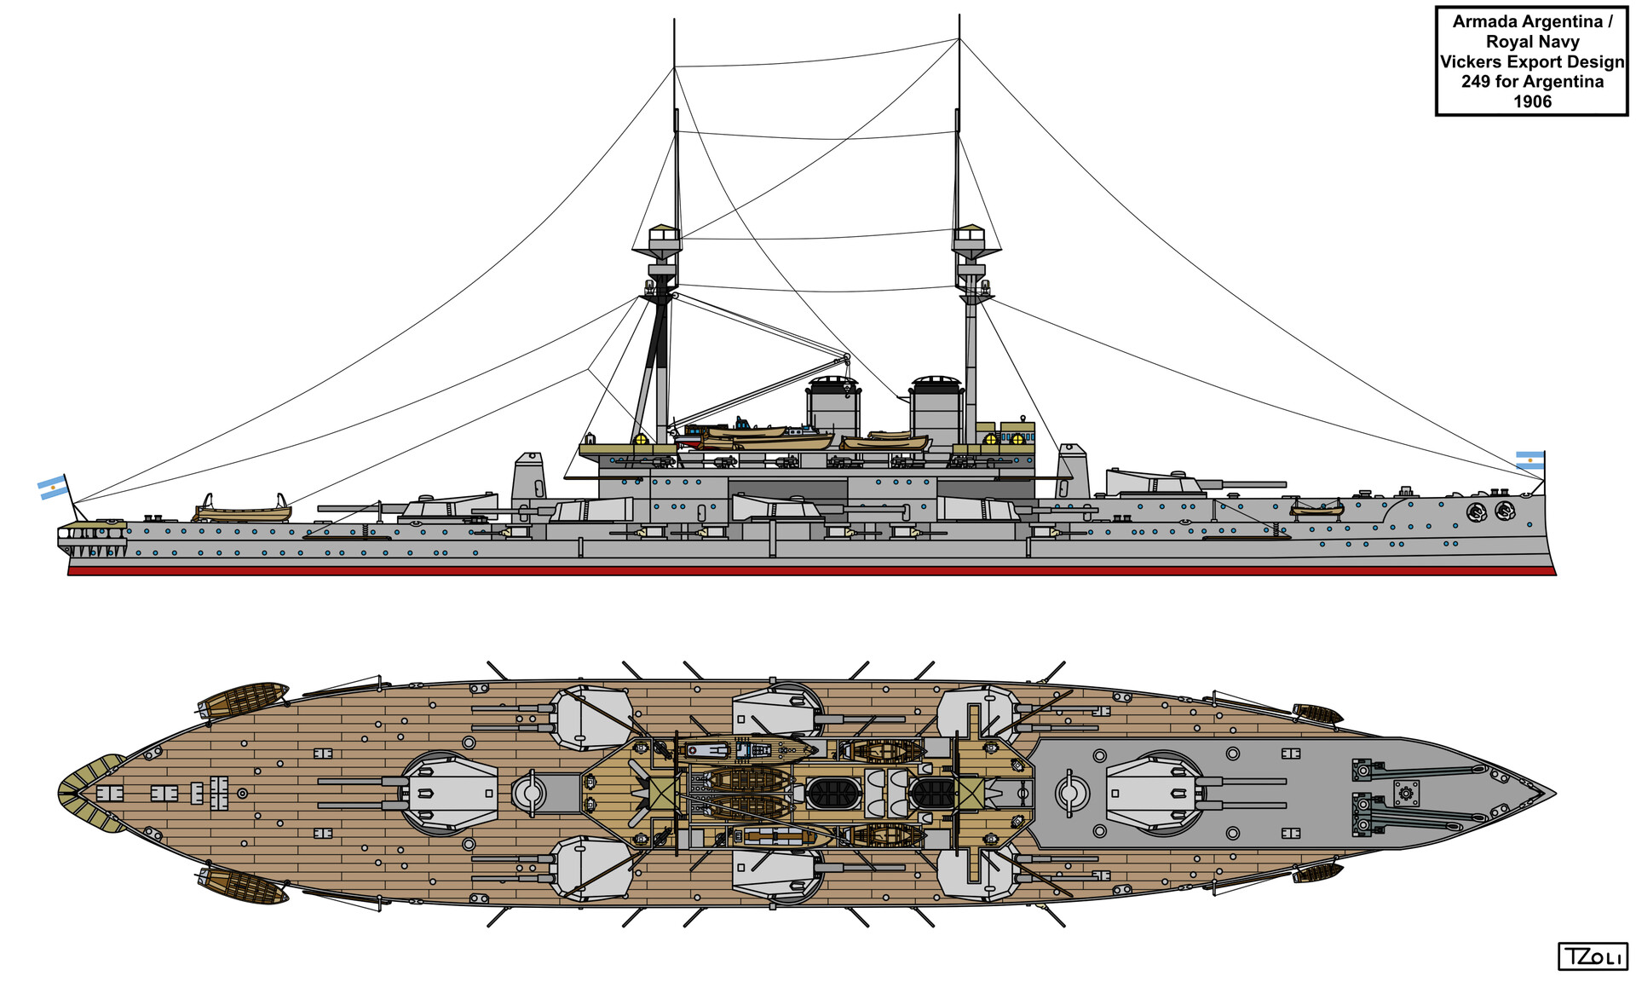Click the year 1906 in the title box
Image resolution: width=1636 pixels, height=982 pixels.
point(1532,101)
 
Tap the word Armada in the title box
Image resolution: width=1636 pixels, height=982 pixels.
point(1485,22)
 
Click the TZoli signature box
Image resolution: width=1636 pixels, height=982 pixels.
point(1592,956)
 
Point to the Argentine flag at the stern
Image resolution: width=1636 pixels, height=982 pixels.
point(53,487)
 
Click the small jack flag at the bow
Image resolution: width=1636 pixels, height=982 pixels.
point(1529,460)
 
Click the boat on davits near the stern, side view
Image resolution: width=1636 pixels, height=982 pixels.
point(243,511)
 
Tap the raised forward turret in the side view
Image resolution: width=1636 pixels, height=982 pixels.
point(1155,483)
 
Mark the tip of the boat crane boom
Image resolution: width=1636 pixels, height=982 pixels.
point(846,356)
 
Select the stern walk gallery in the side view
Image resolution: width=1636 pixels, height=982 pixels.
point(92,537)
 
